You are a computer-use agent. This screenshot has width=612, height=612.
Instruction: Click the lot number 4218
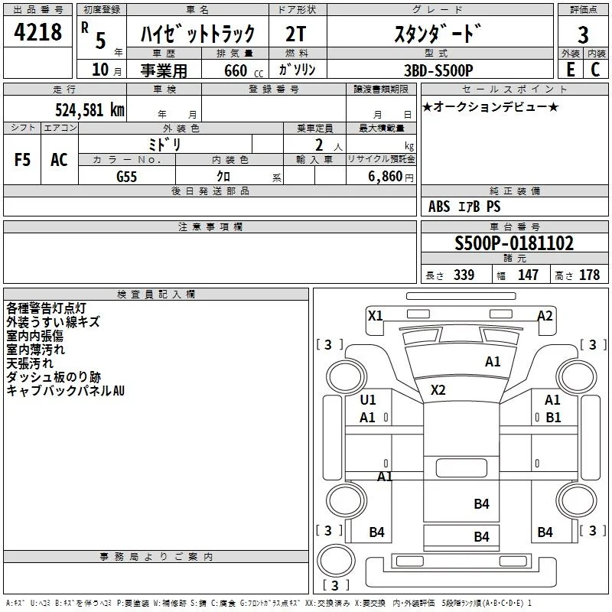[x=37, y=32]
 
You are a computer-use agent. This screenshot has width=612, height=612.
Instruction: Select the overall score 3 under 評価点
[x=583, y=34]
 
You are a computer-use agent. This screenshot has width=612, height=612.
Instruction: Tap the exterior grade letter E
[x=571, y=70]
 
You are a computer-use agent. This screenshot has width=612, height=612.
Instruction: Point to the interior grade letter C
[x=595, y=70]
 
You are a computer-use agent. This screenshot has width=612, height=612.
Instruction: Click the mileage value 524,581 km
[x=90, y=110]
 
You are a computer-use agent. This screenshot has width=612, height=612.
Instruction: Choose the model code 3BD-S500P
[x=438, y=70]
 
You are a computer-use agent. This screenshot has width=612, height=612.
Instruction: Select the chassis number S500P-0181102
[x=514, y=243]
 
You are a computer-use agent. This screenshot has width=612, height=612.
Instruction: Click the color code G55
[x=126, y=177]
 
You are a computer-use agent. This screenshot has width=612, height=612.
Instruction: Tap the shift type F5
[x=22, y=160]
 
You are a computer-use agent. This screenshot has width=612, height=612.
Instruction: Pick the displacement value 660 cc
[x=243, y=71]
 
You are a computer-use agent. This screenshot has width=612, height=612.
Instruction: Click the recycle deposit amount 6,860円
[x=391, y=177]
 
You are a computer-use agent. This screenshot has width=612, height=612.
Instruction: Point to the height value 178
[x=589, y=275]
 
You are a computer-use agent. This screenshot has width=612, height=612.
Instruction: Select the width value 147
[x=528, y=275]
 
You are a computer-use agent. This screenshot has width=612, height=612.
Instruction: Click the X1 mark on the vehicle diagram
[x=375, y=316]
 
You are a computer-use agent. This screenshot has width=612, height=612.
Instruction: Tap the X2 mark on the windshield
[x=438, y=390]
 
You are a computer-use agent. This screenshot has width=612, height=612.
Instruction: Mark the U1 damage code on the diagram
[x=368, y=399]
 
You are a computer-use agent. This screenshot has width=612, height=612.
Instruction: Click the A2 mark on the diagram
[x=545, y=316]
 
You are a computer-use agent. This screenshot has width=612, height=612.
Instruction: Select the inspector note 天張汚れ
[x=30, y=363]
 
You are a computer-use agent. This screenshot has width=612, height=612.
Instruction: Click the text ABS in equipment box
[x=439, y=207]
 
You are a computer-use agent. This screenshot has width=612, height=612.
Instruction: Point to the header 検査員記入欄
[x=156, y=295]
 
